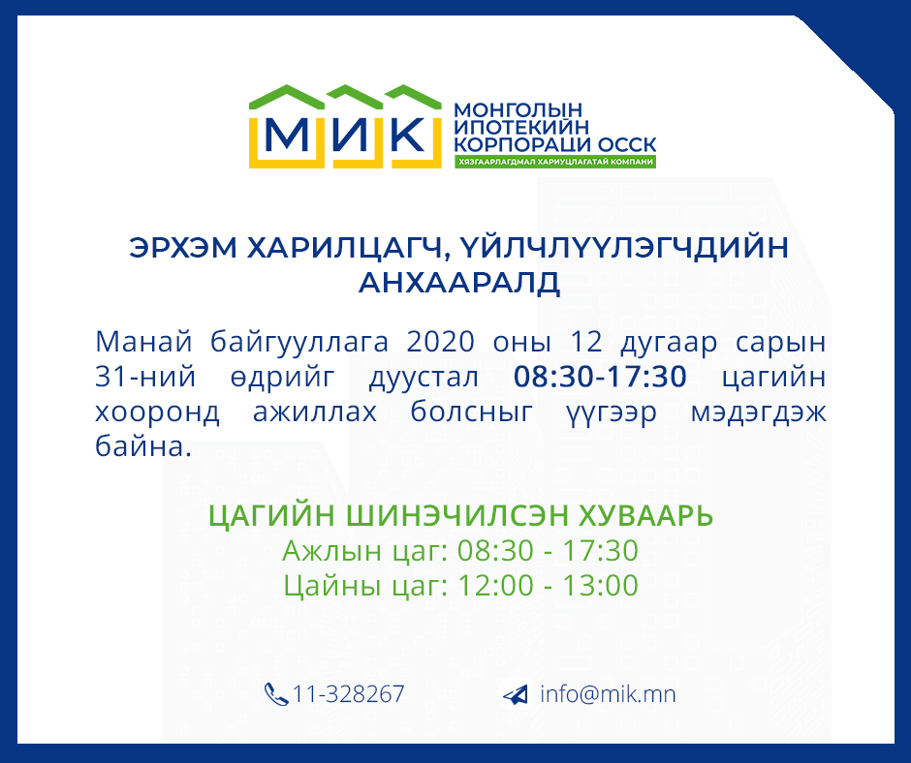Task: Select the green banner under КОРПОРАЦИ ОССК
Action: click(x=555, y=162)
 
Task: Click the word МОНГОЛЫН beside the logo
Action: click(x=518, y=109)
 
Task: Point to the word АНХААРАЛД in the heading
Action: click(x=459, y=283)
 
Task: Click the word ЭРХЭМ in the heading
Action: click(x=183, y=247)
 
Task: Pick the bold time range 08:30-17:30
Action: click(x=600, y=377)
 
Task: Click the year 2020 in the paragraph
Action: click(x=440, y=342)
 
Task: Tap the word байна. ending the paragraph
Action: click(x=142, y=446)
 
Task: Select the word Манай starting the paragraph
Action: click(x=143, y=342)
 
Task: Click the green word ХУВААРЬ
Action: click(x=645, y=515)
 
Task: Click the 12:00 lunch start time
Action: click(x=495, y=585)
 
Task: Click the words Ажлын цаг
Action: click(x=364, y=551)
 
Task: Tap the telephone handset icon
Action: click(x=276, y=694)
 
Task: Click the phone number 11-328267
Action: click(x=348, y=694)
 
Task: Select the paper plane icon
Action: click(x=515, y=694)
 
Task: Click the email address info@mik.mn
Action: click(x=608, y=694)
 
